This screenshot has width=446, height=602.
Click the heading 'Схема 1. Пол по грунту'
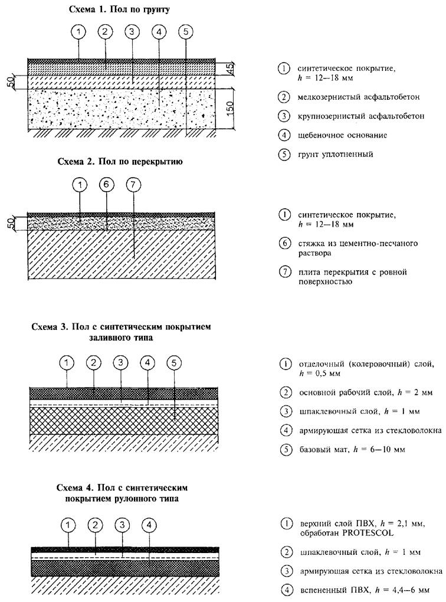pyautogui.click(x=120, y=10)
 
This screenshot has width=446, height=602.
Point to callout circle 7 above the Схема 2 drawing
pyautogui.click(x=134, y=185)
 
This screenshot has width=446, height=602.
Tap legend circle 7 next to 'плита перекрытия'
pyautogui.click(x=285, y=273)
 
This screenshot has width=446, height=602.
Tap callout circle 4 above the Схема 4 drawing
pyautogui.click(x=150, y=524)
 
